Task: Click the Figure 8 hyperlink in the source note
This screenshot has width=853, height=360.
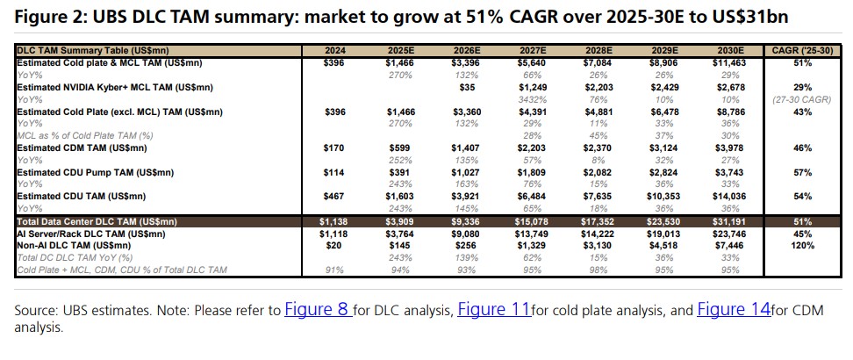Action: click(x=319, y=310)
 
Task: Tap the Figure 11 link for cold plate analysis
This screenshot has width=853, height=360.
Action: click(x=493, y=310)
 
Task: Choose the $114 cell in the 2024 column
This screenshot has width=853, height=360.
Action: click(x=333, y=173)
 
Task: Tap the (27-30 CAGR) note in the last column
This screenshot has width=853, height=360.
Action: click(x=800, y=99)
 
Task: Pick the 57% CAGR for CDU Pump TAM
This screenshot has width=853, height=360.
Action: click(x=800, y=173)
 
